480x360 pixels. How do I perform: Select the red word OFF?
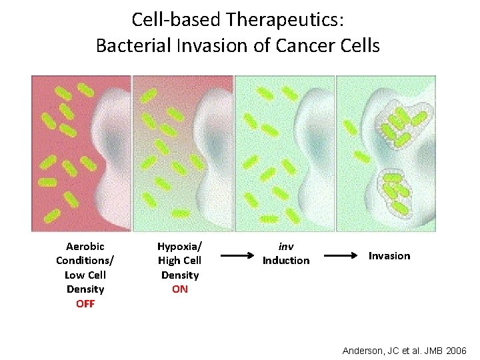pyautogui.click(x=85, y=304)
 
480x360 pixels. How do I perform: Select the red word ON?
pyautogui.click(x=179, y=289)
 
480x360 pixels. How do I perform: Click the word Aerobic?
pyautogui.click(x=85, y=246)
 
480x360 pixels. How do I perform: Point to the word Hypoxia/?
pyautogui.click(x=179, y=246)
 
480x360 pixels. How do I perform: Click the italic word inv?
pyautogui.click(x=286, y=246)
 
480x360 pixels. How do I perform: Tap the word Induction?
pyautogui.click(x=286, y=261)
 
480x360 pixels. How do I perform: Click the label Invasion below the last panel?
pyautogui.click(x=389, y=256)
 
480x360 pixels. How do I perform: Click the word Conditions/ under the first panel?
pyautogui.click(x=85, y=261)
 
